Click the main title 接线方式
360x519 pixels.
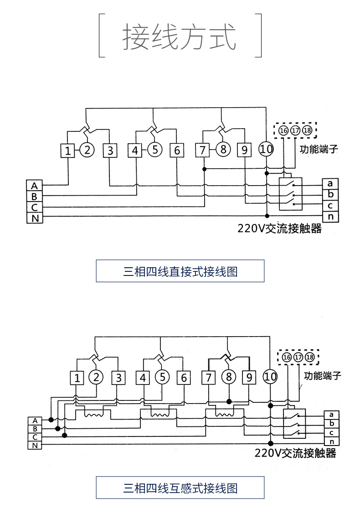click(180, 37)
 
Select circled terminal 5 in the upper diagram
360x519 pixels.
click(155, 150)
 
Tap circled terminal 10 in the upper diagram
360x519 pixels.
click(266, 149)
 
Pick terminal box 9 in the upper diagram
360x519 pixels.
click(245, 150)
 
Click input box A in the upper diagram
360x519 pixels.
click(34, 186)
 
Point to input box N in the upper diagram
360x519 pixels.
click(34, 218)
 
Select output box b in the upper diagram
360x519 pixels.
click(330, 195)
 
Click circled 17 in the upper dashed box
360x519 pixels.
click(295, 131)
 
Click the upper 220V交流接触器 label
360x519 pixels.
click(279, 228)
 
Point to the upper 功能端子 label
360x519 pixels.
click(319, 149)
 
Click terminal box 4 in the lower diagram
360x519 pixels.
click(143, 378)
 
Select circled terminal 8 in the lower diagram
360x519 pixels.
click(229, 377)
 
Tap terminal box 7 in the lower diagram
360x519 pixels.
click(208, 378)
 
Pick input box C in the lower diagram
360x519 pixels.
click(35, 436)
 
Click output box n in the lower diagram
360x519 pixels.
click(331, 441)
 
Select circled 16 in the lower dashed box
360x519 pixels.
click(287, 357)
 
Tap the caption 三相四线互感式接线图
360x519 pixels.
click(180, 488)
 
